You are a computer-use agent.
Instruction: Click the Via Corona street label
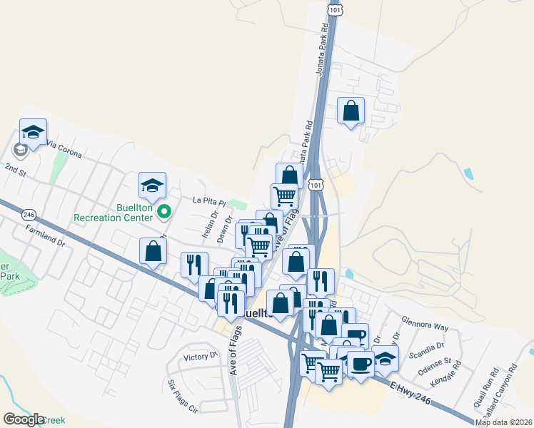pos(64,148)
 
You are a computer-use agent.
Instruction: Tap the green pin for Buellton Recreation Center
pos(164,211)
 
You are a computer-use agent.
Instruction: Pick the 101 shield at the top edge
pos(335,9)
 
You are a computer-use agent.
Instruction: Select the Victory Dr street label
pos(200,356)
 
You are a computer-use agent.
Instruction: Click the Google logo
pos(24,419)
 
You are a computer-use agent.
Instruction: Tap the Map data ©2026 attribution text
pos(504,422)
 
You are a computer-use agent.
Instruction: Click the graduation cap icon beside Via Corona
pos(33,132)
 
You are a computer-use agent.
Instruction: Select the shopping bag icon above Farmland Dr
pos(153,250)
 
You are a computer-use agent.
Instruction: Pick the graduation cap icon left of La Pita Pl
pos(152,186)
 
